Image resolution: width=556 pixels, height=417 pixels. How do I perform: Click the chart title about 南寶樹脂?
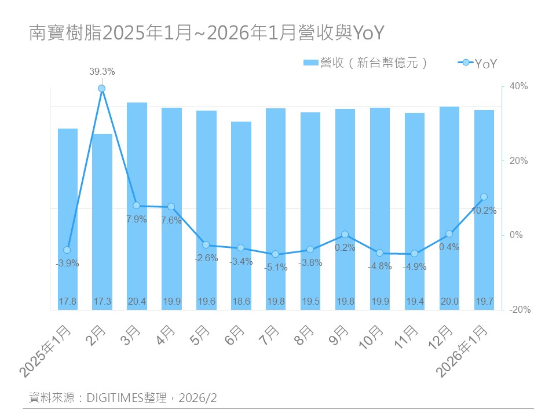206,34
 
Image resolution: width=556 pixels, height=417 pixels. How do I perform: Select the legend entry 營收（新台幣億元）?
365,63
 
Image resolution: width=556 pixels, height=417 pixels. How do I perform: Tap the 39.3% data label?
102,72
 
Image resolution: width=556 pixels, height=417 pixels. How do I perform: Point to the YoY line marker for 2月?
102,89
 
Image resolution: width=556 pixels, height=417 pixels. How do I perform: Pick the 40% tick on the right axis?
518,86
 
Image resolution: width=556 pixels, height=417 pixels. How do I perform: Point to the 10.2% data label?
484,211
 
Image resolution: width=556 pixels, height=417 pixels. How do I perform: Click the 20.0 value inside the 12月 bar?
449,301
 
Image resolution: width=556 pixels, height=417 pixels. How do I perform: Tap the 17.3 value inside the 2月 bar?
102,301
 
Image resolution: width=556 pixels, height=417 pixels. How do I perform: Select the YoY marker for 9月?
345,235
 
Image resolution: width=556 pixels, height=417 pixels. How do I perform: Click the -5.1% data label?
276,268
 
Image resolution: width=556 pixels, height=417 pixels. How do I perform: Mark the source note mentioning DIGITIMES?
123,398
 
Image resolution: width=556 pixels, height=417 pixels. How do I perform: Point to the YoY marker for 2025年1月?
67,250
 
